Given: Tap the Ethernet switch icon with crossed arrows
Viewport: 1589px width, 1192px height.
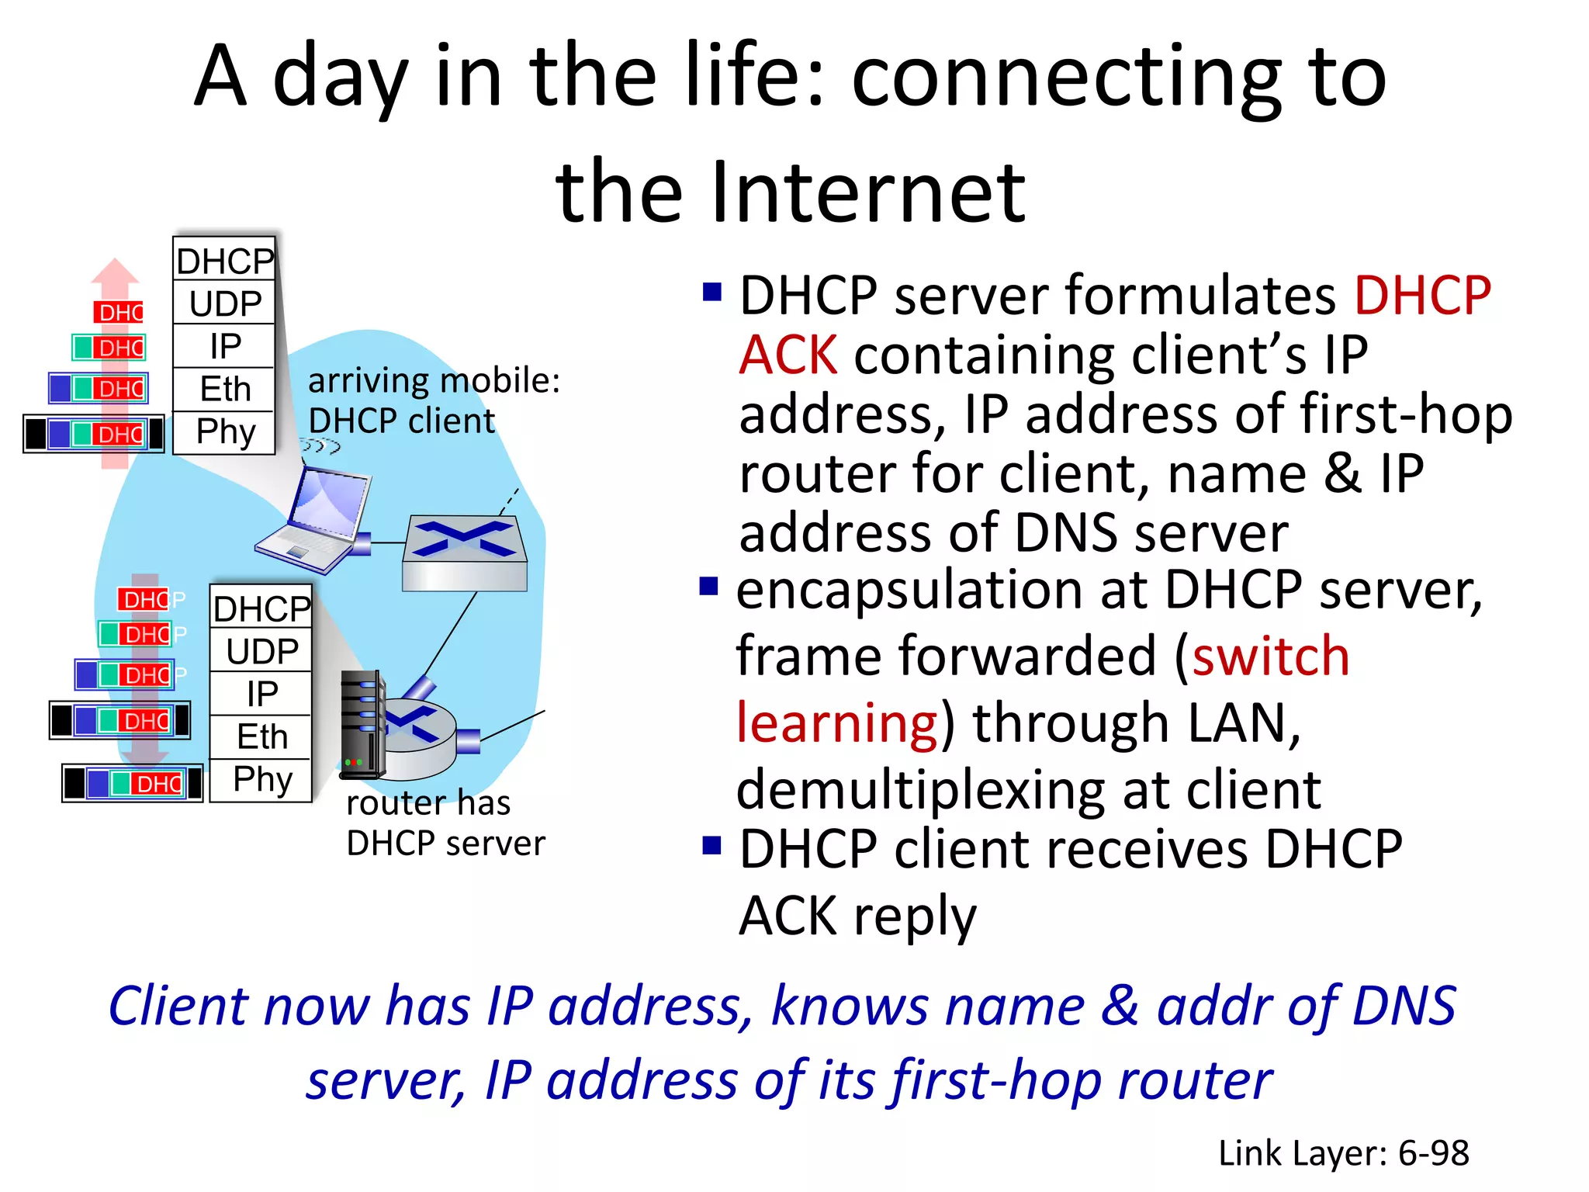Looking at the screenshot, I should pos(464,553).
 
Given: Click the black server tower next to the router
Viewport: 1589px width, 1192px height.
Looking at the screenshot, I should pos(362,725).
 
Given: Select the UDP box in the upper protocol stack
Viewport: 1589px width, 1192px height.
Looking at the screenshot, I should pos(224,303).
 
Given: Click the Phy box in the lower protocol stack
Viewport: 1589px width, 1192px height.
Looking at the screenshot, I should pos(261,779).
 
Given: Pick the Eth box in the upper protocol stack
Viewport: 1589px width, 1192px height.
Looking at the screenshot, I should pos(224,389).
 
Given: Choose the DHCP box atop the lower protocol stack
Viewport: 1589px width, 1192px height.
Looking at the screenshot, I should pos(261,608).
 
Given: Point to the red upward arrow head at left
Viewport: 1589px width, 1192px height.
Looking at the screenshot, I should pos(115,272).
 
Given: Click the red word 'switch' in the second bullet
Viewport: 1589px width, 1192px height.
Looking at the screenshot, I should pos(1270,657).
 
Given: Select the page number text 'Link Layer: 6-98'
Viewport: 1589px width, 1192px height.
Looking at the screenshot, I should pos(1343,1153).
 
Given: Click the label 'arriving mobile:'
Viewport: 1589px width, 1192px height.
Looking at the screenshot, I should pos(433,381).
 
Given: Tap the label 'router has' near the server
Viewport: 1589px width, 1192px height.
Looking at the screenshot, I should pos(428,803).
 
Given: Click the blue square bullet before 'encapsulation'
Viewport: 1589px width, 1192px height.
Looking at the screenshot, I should pos(708,586).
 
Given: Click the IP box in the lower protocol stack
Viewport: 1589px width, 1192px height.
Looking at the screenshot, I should pos(261,694).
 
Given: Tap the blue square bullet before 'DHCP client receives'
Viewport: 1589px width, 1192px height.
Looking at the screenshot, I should pos(711,845).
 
